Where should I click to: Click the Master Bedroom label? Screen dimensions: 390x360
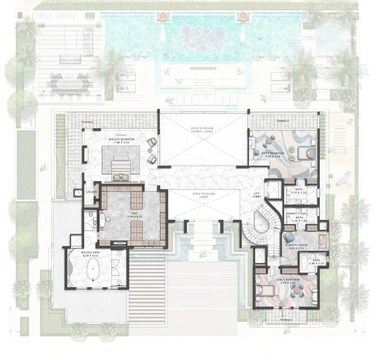click(121, 141)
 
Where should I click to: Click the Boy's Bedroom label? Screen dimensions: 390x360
click(272, 155)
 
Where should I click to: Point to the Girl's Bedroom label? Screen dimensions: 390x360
click(288, 281)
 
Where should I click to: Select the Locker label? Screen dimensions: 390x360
click(91, 192)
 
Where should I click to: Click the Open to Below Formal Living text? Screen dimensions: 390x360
click(202, 130)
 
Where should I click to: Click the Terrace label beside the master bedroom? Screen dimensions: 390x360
click(87, 122)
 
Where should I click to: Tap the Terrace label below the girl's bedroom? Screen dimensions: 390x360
click(286, 319)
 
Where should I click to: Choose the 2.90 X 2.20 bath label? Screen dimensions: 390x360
click(316, 262)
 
